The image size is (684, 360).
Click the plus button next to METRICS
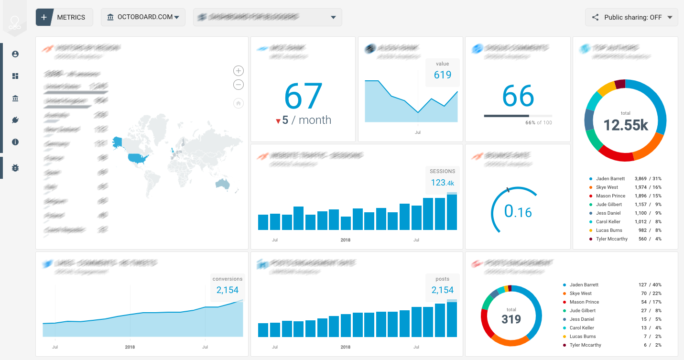[x=44, y=17]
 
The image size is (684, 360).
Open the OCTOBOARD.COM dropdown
[x=143, y=17]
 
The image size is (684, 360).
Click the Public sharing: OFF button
[x=631, y=17]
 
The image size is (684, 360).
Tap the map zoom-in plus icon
[x=239, y=71]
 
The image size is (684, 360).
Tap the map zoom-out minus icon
[x=239, y=85]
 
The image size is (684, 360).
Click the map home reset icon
[x=239, y=103]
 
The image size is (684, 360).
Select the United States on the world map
[x=138, y=158]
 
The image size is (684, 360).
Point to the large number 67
[x=303, y=97]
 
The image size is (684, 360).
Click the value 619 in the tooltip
[x=443, y=75]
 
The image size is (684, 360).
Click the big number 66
[x=518, y=96]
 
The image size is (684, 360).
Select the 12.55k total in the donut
[x=625, y=125]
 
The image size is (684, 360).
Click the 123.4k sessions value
[x=442, y=182]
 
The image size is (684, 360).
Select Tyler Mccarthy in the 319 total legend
[x=585, y=345]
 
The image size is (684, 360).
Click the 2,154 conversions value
[x=227, y=290]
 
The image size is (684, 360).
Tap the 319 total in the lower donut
[x=511, y=319]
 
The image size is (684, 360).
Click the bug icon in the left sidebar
[x=15, y=168]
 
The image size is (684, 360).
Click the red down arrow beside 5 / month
[x=278, y=121]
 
